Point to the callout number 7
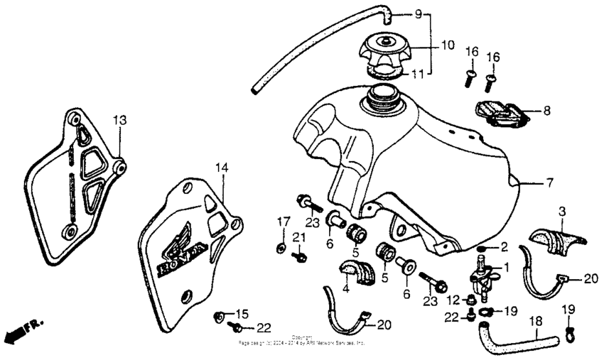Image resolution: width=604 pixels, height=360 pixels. pyautogui.click(x=549, y=182)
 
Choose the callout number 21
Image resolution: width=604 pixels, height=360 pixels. pyautogui.click(x=300, y=236)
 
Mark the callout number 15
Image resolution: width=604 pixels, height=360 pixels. pyautogui.click(x=242, y=313)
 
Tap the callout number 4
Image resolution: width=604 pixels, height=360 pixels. pyautogui.click(x=347, y=289)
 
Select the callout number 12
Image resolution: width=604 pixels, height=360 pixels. pyautogui.click(x=453, y=300)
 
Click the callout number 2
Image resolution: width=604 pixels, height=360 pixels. pyautogui.click(x=504, y=246)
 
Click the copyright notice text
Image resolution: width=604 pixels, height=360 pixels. pyautogui.click(x=302, y=341)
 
